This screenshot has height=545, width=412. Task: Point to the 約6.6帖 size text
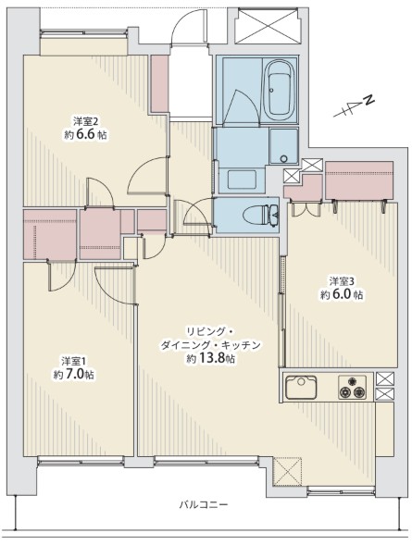point(86,135)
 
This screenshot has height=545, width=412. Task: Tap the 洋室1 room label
point(74,360)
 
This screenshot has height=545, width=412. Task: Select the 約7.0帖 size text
point(72,375)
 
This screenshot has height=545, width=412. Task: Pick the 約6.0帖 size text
point(342,295)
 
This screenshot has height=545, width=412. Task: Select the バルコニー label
point(204,504)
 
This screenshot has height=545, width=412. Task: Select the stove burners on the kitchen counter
point(352,388)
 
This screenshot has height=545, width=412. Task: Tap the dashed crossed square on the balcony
point(289,473)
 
